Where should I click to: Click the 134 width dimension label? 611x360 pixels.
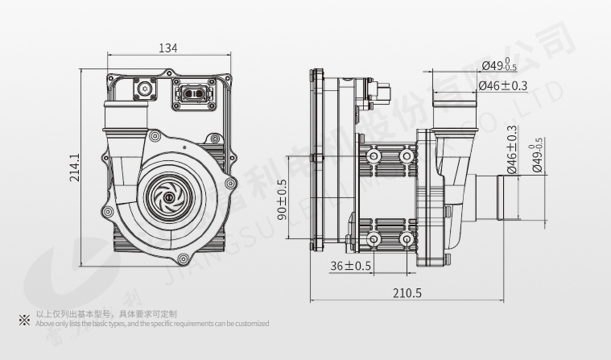(167, 48)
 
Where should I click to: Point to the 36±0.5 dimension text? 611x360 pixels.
(350, 266)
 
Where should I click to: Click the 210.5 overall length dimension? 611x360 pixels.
(408, 292)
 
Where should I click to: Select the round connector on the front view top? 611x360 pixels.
(147, 88)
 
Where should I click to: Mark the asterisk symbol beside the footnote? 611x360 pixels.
(23, 319)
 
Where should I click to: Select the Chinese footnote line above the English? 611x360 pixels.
(106, 314)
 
